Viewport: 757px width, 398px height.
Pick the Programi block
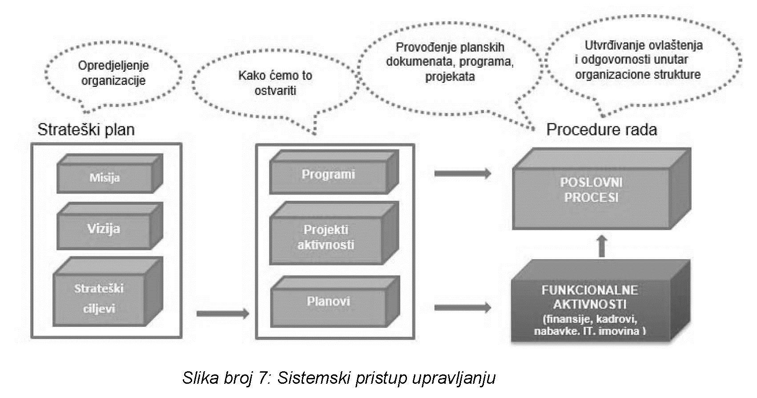(328, 175)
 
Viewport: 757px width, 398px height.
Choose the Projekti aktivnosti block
(326, 237)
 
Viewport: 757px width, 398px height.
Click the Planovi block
(328, 302)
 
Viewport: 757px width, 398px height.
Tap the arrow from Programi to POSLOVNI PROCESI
(463, 173)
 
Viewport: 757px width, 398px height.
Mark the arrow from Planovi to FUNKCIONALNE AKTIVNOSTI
(463, 307)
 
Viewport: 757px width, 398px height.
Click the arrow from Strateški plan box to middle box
(222, 313)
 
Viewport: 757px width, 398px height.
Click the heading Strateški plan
(86, 130)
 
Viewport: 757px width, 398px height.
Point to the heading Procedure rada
(601, 130)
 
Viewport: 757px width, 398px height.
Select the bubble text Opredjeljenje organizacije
(113, 73)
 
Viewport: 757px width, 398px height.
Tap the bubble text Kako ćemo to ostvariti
(275, 83)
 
